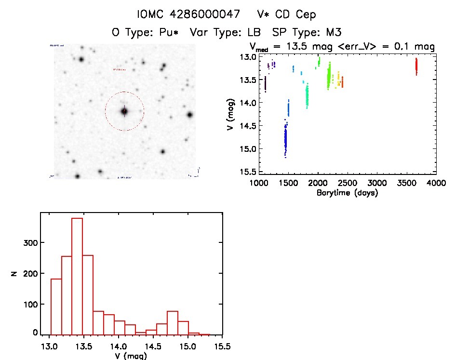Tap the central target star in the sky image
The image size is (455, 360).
[124, 111]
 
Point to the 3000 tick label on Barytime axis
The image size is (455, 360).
[377, 183]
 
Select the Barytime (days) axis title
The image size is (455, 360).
[348, 193]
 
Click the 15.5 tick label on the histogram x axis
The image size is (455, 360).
[221, 346]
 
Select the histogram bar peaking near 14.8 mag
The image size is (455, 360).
[173, 323]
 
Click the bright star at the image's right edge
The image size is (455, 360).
[190, 115]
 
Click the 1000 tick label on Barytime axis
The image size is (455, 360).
[259, 183]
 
